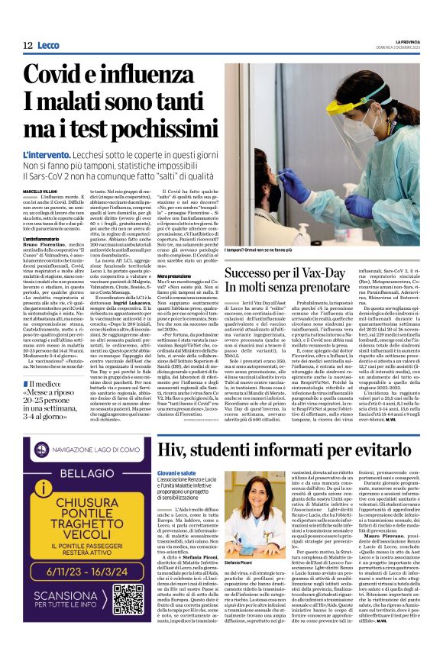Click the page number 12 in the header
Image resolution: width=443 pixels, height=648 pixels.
pos(27,45)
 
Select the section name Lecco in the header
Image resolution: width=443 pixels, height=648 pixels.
pos(49,45)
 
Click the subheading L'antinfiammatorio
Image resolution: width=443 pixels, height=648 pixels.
pos(44,239)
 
